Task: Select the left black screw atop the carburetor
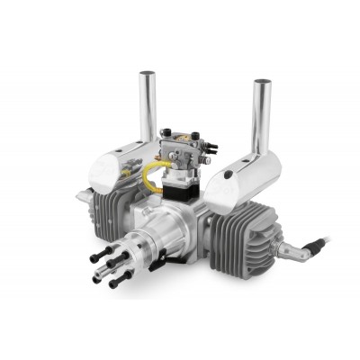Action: point(163,136)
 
